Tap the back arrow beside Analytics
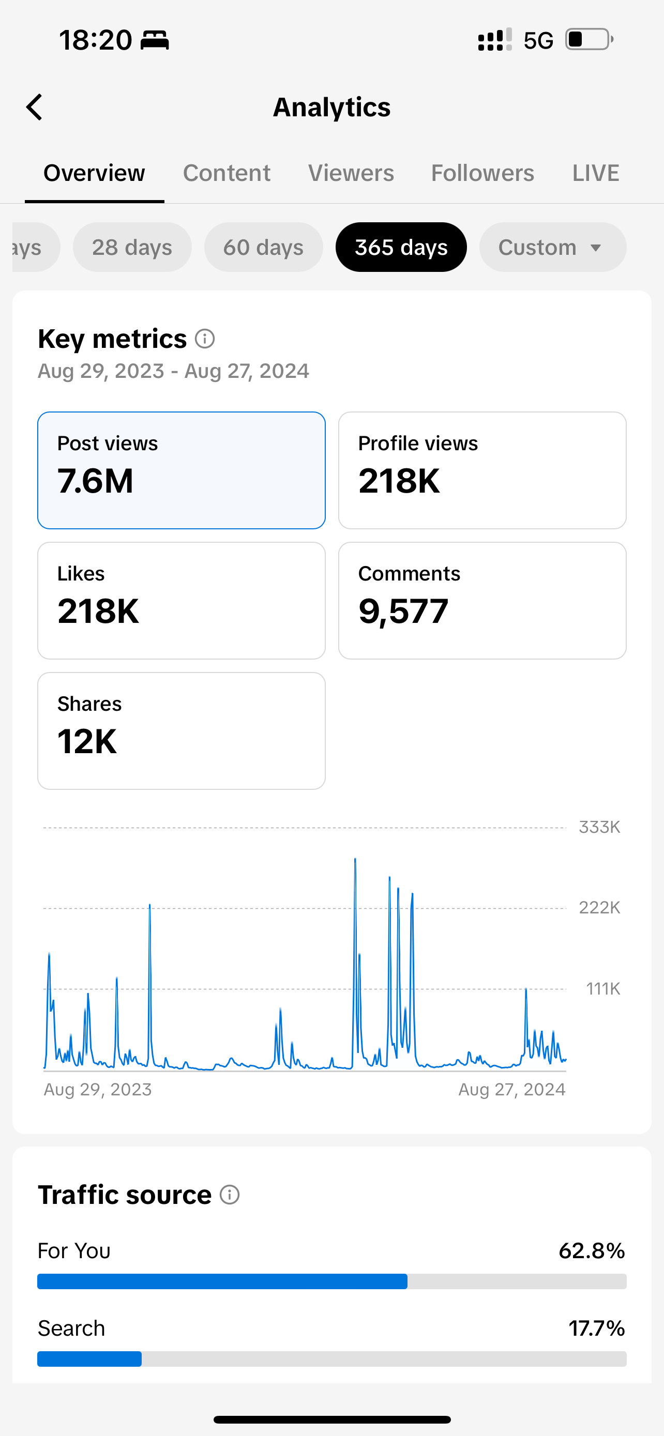pyautogui.click(x=35, y=107)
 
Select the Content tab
pyautogui.click(x=227, y=173)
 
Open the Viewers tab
pyautogui.click(x=351, y=173)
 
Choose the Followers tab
pyautogui.click(x=482, y=173)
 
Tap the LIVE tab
pyautogui.click(x=595, y=173)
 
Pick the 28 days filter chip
pyautogui.click(x=132, y=247)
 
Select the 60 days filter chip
pyautogui.click(x=263, y=247)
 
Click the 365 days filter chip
pyautogui.click(x=401, y=247)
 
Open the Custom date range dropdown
pyautogui.click(x=552, y=247)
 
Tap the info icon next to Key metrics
pyautogui.click(x=205, y=339)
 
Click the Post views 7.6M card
pyautogui.click(x=181, y=470)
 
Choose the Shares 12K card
pyautogui.click(x=181, y=730)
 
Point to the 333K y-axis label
pyautogui.click(x=599, y=827)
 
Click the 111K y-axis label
pyautogui.click(x=602, y=988)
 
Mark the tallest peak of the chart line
pyautogui.click(x=355, y=860)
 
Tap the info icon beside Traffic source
pyautogui.click(x=230, y=1195)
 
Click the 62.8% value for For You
pyautogui.click(x=592, y=1250)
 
